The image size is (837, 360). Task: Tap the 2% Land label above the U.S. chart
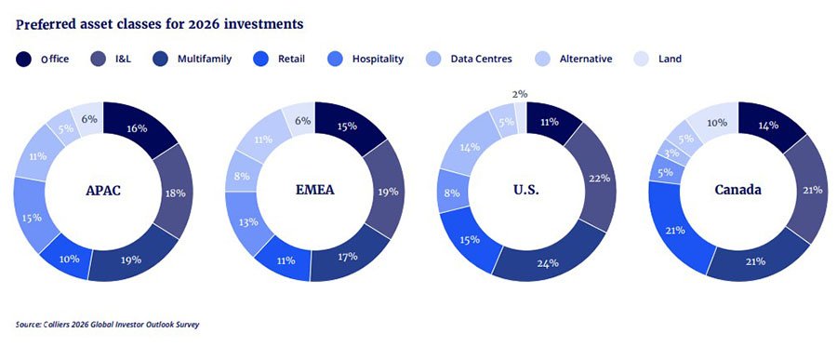point(519,94)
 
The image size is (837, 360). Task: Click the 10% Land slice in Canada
point(716,122)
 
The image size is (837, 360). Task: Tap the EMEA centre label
point(315,190)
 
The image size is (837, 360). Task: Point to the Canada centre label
point(738,190)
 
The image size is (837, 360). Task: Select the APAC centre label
point(103,190)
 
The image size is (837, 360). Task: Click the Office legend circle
point(23,60)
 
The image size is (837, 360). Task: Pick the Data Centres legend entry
point(470,60)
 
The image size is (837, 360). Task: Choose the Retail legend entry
point(279,60)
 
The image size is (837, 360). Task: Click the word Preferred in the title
point(42,24)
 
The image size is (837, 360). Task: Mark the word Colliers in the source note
point(56,325)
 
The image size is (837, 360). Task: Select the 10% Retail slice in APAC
point(66,258)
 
